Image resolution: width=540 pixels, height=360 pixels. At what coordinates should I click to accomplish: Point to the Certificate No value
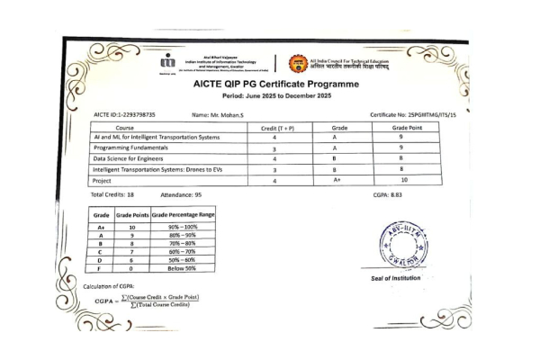point(413,115)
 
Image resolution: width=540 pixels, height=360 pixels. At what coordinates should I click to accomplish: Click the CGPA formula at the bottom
point(148,300)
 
